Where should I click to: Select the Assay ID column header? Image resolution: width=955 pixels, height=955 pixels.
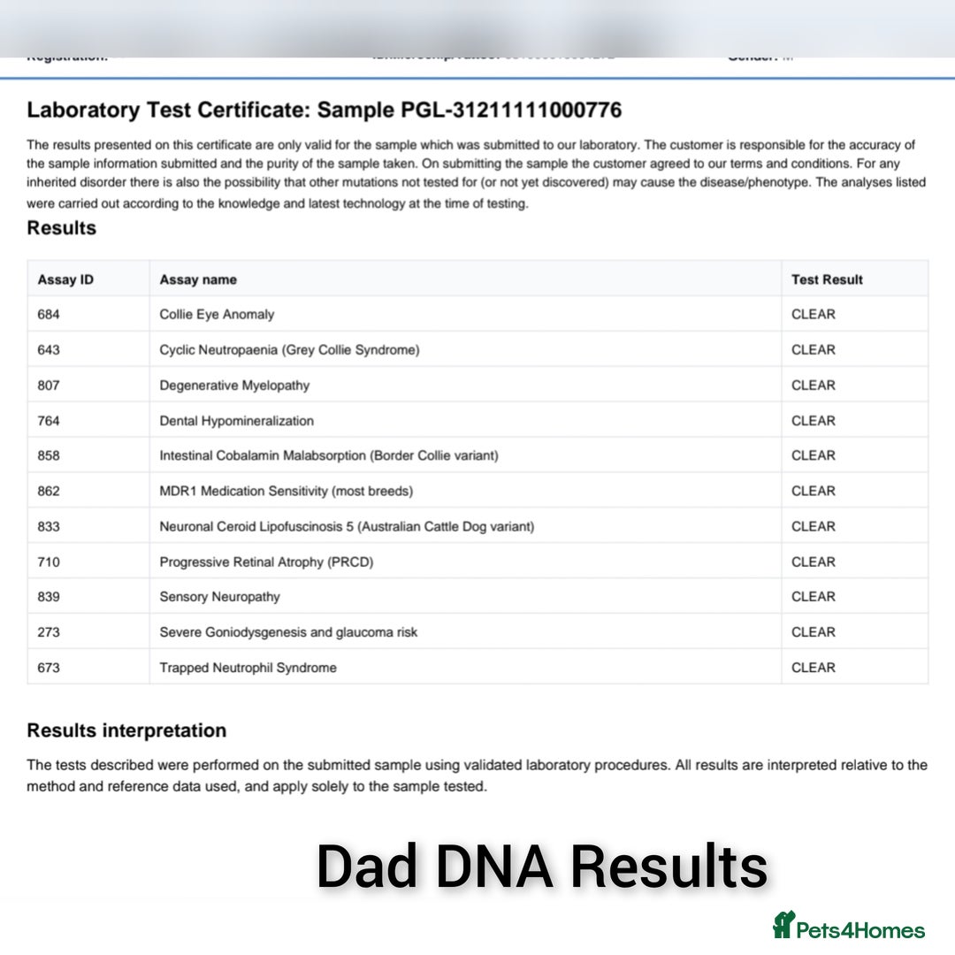(x=65, y=279)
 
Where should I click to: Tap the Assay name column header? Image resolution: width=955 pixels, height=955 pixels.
(x=198, y=279)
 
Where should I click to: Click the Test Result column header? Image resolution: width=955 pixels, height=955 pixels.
(x=827, y=279)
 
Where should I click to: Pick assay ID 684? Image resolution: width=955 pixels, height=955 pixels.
(x=49, y=314)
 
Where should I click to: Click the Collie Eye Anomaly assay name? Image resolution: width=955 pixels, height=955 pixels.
(x=217, y=314)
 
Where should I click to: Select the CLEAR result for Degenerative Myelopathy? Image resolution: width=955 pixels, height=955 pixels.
(x=814, y=385)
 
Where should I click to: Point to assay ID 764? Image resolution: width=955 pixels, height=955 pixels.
(x=49, y=420)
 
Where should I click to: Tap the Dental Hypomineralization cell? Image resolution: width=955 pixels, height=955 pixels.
(x=236, y=420)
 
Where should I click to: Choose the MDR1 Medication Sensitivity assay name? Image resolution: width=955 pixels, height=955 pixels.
(x=286, y=491)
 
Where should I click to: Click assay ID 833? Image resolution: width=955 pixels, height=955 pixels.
(x=49, y=526)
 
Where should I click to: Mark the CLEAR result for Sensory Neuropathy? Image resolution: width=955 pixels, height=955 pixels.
(x=814, y=597)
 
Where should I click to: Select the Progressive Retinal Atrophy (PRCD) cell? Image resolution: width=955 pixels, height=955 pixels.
(x=266, y=562)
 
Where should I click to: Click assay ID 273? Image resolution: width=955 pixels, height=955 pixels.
(x=49, y=632)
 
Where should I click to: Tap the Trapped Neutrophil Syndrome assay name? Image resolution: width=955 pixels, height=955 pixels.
(x=248, y=668)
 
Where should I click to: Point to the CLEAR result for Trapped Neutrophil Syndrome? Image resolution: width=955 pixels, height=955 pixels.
(x=814, y=668)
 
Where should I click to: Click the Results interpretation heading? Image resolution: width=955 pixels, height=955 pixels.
(x=126, y=730)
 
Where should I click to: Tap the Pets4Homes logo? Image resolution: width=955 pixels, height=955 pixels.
(x=849, y=927)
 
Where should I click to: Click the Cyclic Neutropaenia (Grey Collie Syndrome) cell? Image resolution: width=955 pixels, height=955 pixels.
(x=289, y=349)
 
